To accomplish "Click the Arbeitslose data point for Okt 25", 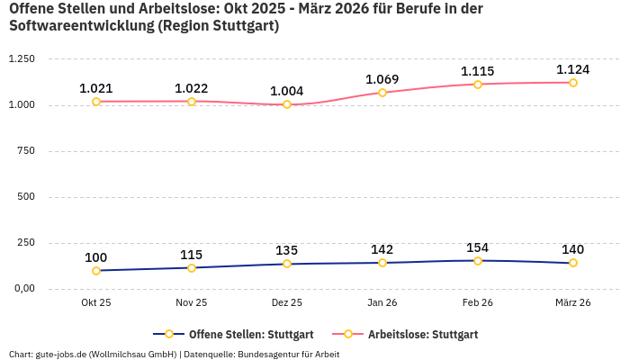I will tap(96, 102).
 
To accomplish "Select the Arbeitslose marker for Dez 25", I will tap(287, 104).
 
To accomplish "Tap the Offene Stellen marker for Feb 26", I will tap(478, 261).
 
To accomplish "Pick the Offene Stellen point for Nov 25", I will tap(192, 268).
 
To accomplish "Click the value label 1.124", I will tap(572, 69).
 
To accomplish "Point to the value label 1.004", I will tap(287, 91).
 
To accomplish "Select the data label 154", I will tap(478, 247).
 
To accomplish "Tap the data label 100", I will tap(96, 257).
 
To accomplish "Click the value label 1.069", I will tap(382, 79).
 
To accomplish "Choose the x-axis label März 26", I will tap(572, 303).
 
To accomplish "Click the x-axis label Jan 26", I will tap(382, 303).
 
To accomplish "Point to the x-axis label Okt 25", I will tap(96, 303).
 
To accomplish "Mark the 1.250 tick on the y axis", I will tap(22, 59).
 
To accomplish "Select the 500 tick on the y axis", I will tap(26, 197).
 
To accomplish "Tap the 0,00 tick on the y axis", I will tap(23, 289).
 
